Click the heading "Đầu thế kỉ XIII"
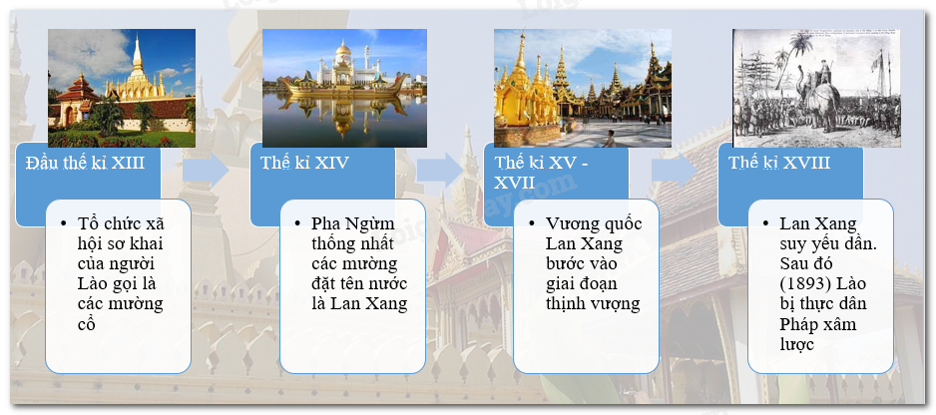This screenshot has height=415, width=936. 85,163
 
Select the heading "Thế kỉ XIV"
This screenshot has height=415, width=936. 303,163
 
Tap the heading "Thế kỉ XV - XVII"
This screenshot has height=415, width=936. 541,173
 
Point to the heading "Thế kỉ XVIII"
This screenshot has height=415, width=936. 779,163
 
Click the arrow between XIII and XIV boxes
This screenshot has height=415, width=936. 206,171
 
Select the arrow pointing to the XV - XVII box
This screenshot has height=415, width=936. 440,171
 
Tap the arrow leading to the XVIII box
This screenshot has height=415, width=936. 675,171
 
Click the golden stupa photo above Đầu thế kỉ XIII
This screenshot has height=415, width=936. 122,89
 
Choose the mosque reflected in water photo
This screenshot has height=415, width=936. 344,89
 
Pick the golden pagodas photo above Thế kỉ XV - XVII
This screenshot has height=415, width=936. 583,89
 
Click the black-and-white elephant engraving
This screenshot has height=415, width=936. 816,89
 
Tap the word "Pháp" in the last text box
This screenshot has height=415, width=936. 800,324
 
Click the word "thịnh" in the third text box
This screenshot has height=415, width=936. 567,304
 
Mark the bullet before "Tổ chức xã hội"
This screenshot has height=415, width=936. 64,223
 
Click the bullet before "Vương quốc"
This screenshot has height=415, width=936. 532,223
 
